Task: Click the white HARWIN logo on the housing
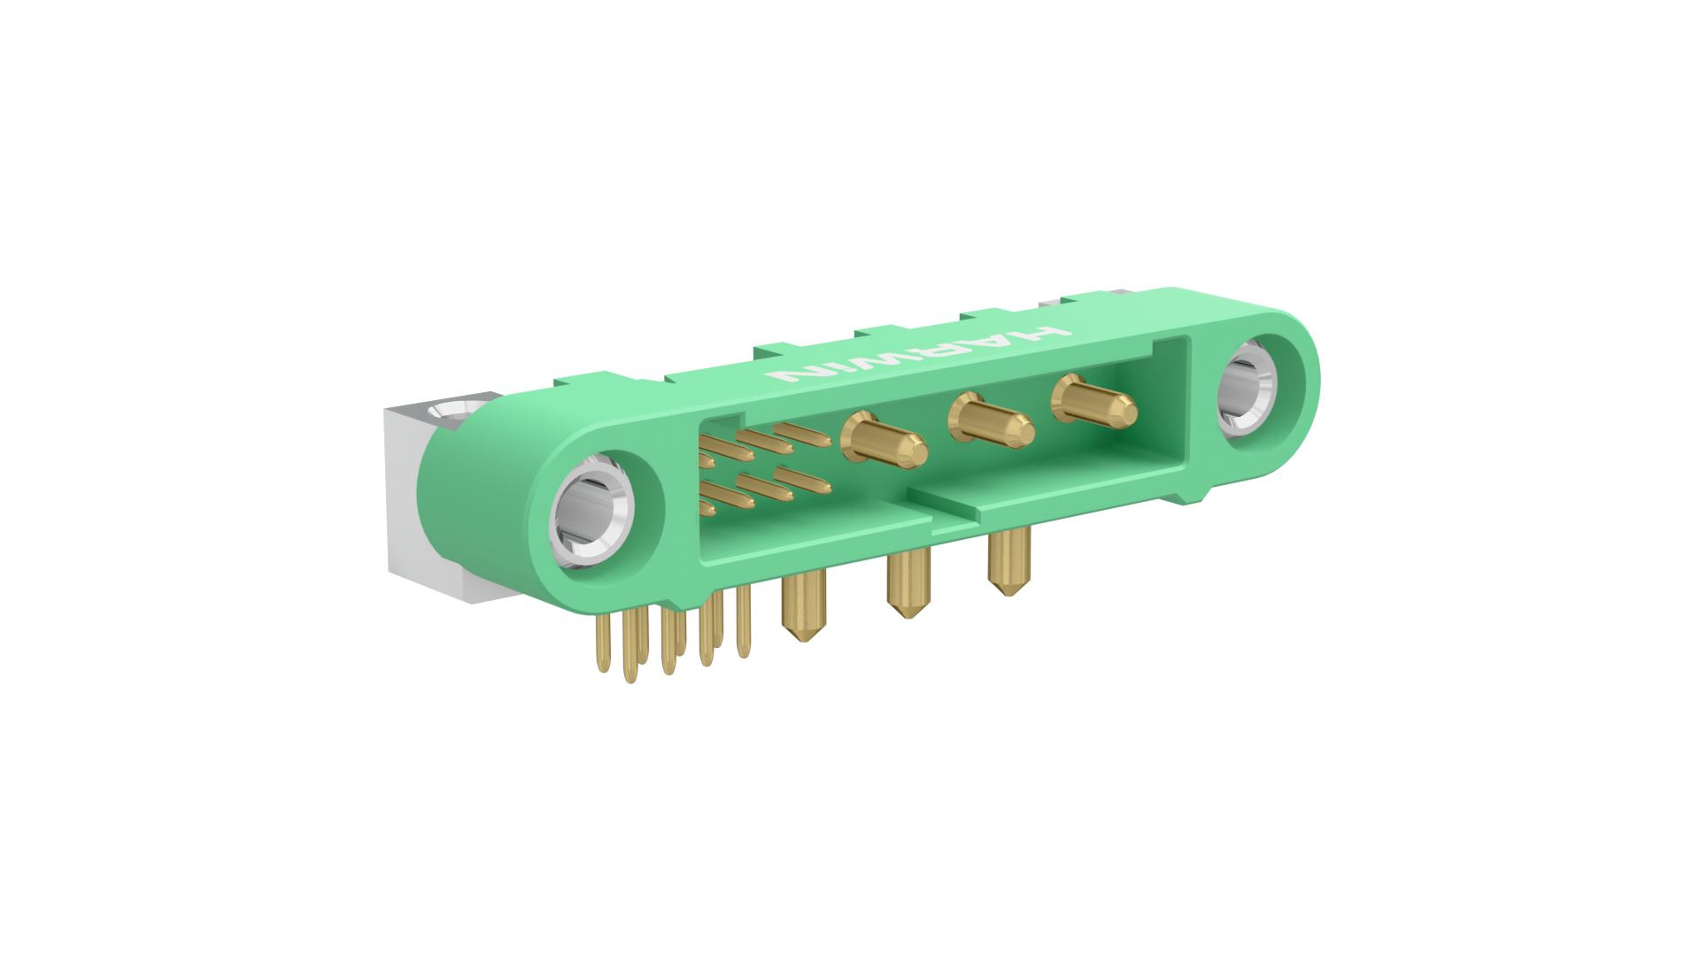918,354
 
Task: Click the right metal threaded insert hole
1247,388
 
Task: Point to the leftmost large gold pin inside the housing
883,440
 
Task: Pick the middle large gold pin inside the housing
991,420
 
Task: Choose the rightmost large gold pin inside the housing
1093,402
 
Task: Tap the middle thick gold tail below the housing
908,582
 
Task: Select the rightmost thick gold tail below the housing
1008,561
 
